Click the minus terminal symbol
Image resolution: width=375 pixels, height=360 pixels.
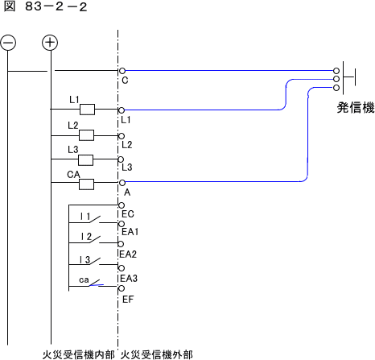click(x=8, y=43)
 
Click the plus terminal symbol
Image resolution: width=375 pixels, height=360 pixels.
click(x=50, y=43)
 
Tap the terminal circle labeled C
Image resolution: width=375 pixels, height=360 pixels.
click(x=122, y=71)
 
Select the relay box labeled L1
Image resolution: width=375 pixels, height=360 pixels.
click(x=88, y=110)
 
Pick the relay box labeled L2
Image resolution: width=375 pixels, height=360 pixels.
click(x=87, y=135)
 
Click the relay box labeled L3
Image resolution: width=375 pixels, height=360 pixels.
click(x=86, y=160)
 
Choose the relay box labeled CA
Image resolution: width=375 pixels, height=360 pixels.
click(x=87, y=184)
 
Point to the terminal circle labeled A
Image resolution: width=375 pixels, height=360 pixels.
click(x=122, y=183)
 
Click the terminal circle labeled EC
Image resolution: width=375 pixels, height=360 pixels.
click(x=122, y=205)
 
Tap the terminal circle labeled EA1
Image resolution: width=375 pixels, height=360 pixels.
click(x=122, y=224)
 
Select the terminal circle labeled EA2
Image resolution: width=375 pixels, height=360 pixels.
click(x=121, y=244)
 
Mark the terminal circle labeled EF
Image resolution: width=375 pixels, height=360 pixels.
click(x=122, y=288)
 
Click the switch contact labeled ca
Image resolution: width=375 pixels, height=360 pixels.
click(x=97, y=283)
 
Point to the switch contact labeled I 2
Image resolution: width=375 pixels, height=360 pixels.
click(x=95, y=240)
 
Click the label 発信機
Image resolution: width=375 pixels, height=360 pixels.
click(x=356, y=108)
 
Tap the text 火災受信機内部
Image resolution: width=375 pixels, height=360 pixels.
click(x=79, y=354)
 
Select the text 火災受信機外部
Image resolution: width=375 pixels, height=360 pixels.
click(x=157, y=354)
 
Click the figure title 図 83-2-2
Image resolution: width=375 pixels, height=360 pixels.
click(x=45, y=6)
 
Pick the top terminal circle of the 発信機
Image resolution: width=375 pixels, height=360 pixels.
click(x=336, y=71)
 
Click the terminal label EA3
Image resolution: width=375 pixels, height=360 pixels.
click(x=129, y=279)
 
